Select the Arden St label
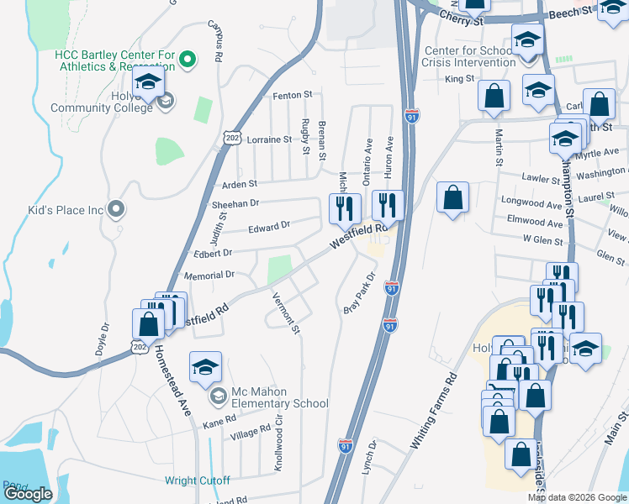[239, 184]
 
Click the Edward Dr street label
[269, 226]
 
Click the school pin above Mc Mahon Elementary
[205, 367]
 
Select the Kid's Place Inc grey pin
[117, 208]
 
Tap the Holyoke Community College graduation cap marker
[149, 86]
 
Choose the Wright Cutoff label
[197, 481]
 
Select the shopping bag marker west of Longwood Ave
[452, 199]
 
